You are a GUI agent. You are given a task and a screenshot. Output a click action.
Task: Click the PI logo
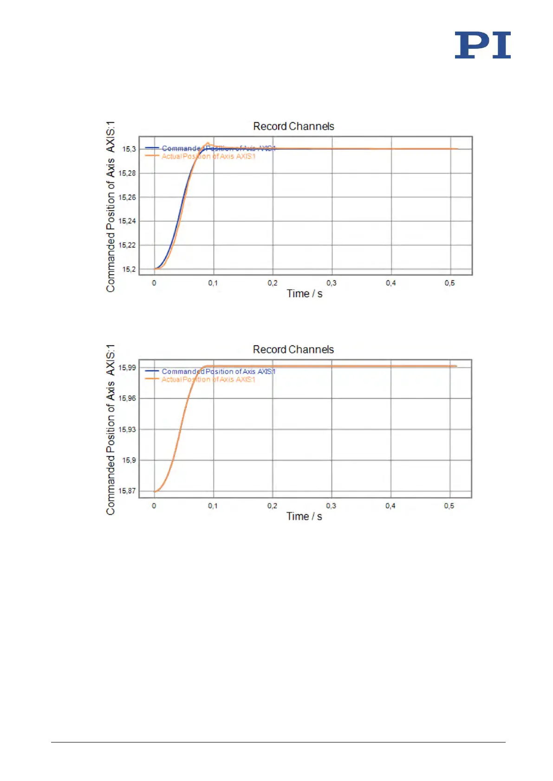click(482, 45)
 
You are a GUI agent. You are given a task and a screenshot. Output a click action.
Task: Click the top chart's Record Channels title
click(293, 126)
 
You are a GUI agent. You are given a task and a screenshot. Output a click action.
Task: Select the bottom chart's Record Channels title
click(293, 349)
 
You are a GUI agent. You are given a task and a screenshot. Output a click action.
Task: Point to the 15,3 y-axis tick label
click(129, 149)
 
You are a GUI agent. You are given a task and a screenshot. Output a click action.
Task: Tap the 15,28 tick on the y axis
click(127, 173)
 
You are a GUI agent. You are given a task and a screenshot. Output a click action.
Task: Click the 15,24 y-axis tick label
click(127, 221)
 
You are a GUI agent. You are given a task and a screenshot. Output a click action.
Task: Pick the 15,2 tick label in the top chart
click(129, 269)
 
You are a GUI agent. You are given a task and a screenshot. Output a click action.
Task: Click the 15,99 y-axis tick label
click(127, 368)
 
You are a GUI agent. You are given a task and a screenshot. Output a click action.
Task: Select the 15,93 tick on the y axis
click(127, 429)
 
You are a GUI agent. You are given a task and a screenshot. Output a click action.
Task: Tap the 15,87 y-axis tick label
click(127, 491)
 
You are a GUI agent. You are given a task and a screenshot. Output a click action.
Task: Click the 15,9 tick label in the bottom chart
click(129, 460)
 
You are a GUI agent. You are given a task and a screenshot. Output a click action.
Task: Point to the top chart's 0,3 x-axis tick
click(331, 283)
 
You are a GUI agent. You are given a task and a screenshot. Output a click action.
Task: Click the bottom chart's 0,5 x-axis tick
click(449, 506)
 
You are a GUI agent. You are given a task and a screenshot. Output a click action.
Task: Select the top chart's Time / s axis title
click(305, 294)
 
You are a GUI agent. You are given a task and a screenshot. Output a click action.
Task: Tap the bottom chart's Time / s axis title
click(304, 516)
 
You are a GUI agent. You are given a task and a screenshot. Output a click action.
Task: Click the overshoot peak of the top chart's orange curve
click(208, 143)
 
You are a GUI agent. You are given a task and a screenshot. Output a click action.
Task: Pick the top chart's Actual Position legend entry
click(208, 156)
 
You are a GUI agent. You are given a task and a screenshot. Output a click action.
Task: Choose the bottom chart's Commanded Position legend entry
click(218, 371)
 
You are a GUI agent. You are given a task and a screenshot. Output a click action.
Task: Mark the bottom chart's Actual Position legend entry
click(208, 380)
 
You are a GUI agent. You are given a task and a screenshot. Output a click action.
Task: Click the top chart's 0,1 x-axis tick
click(213, 283)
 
